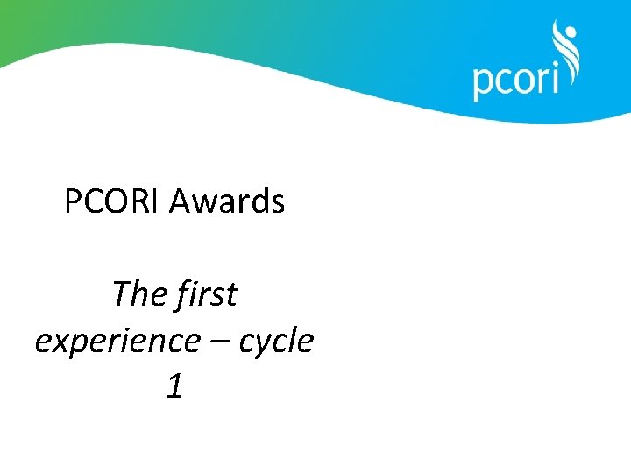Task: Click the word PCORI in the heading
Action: (112, 202)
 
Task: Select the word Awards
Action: (227, 202)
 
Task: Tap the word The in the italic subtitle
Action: (139, 294)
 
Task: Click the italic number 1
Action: (174, 387)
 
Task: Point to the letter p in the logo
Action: (484, 84)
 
